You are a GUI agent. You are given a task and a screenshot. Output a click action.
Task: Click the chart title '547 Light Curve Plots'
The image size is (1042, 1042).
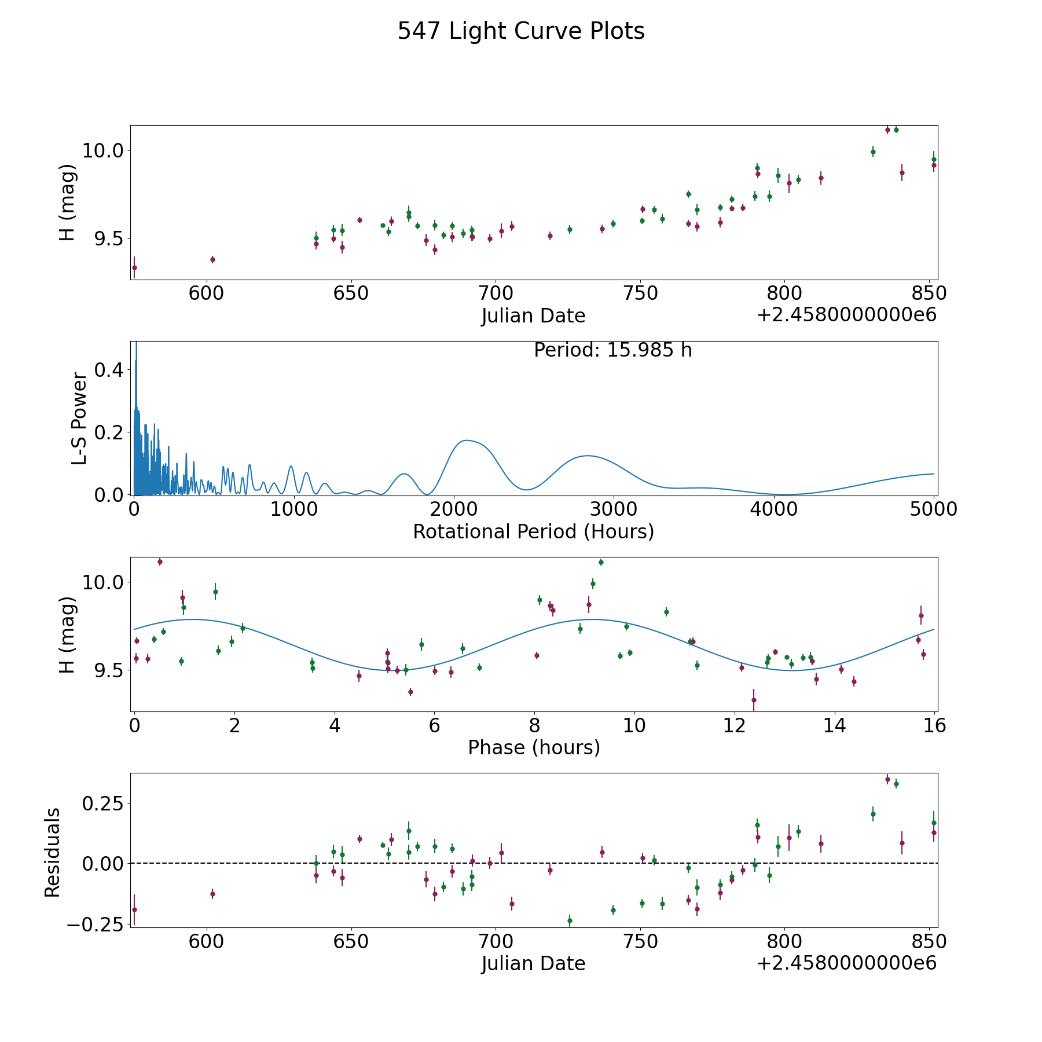tap(521, 31)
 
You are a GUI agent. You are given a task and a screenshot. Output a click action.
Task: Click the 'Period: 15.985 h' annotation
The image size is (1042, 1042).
tap(613, 350)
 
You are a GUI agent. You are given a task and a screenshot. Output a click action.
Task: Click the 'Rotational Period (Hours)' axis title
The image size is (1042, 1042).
tap(533, 531)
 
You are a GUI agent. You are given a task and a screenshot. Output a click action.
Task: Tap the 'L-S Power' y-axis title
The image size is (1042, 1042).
tap(79, 418)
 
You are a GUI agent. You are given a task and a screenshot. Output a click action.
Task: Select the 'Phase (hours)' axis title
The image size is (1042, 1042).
tap(534, 748)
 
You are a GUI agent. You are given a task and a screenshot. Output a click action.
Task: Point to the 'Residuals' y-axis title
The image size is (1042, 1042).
tap(53, 852)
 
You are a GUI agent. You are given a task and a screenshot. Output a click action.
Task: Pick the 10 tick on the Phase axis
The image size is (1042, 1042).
tap(634, 725)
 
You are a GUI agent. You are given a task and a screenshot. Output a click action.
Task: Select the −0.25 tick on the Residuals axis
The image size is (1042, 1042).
tap(96, 924)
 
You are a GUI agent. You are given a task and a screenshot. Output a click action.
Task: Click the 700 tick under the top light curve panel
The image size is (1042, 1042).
tap(496, 293)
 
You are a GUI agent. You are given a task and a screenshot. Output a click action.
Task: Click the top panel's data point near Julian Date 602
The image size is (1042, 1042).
tap(212, 259)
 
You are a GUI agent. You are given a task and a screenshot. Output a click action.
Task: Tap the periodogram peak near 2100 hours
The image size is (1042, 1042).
tap(467, 441)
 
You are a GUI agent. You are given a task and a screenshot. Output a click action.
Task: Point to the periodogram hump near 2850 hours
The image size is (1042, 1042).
tap(587, 456)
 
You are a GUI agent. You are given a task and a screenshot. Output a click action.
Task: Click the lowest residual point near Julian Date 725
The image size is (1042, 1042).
tap(570, 920)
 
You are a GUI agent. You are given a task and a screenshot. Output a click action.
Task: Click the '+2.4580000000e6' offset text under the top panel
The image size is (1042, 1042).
tap(846, 315)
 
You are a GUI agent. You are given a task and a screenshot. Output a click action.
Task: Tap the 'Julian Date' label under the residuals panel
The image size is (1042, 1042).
tap(533, 964)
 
